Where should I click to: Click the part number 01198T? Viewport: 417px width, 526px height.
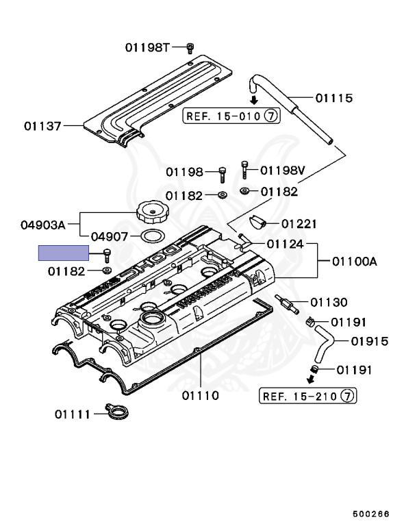[147, 47]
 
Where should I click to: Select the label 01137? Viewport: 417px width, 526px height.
[42, 126]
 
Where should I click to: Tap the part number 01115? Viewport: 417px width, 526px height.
[334, 98]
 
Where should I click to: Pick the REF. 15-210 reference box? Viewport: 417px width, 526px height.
[308, 396]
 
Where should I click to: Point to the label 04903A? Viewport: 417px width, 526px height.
[42, 224]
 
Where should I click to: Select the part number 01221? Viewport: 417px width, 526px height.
[299, 223]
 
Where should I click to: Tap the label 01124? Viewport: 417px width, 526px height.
[286, 243]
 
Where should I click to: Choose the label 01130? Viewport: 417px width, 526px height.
[329, 302]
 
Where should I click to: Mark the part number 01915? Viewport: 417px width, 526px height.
[369, 340]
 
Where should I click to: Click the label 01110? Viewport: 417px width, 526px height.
[200, 395]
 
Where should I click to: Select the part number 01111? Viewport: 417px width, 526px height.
[74, 414]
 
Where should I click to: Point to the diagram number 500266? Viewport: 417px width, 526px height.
[370, 512]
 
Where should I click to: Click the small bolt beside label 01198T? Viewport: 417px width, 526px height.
[190, 47]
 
